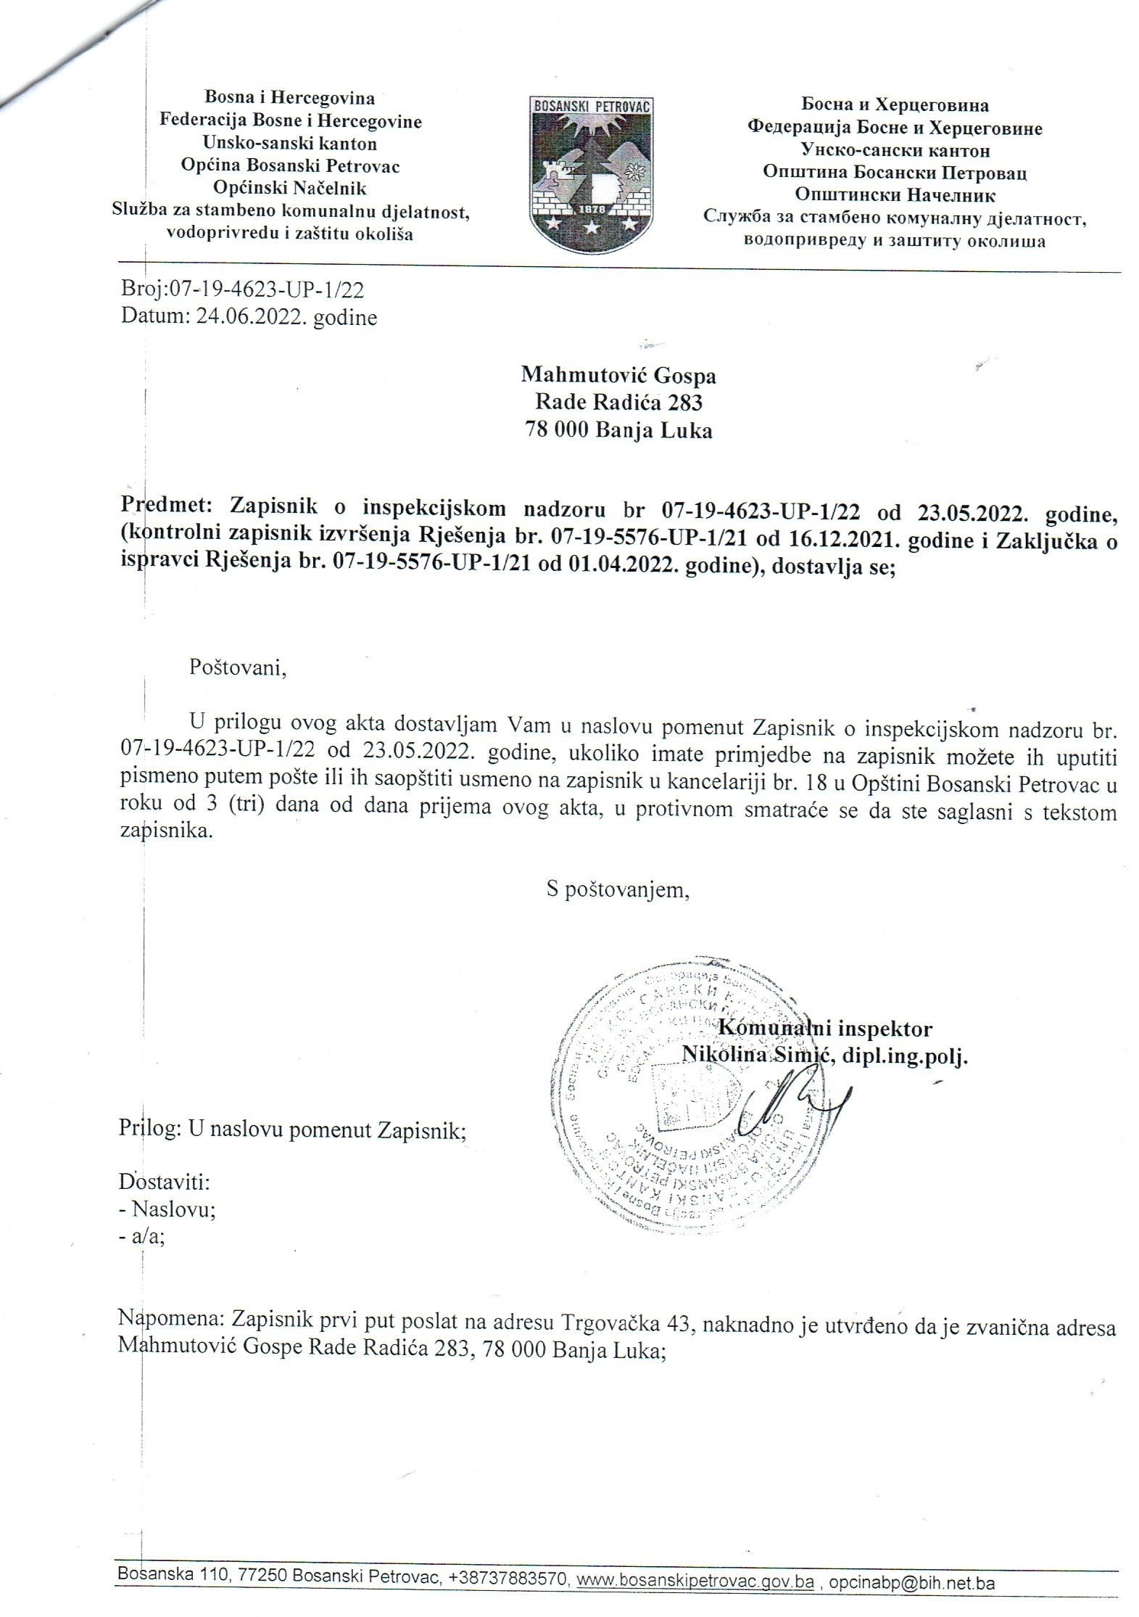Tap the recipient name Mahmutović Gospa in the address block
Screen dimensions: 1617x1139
point(618,375)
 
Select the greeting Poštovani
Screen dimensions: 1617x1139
point(238,667)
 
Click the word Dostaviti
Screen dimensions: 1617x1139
point(164,1182)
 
